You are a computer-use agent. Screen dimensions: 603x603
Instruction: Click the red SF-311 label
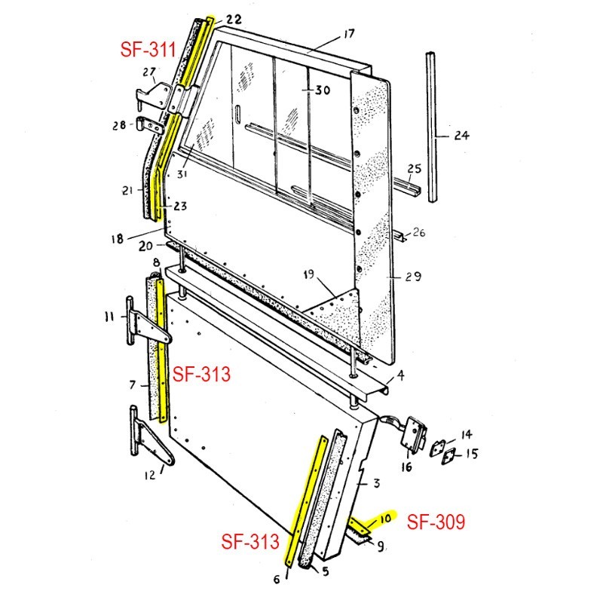148,51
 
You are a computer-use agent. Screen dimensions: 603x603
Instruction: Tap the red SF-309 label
436,522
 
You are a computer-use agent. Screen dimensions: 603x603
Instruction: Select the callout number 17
348,35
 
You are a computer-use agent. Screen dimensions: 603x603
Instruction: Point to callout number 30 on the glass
322,90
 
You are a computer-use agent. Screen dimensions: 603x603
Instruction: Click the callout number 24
461,136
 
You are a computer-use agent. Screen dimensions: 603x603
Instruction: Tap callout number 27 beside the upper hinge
148,73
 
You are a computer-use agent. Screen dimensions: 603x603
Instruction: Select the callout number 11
109,316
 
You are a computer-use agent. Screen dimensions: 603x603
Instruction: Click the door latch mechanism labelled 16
415,436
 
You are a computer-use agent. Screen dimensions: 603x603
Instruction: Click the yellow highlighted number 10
386,519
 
